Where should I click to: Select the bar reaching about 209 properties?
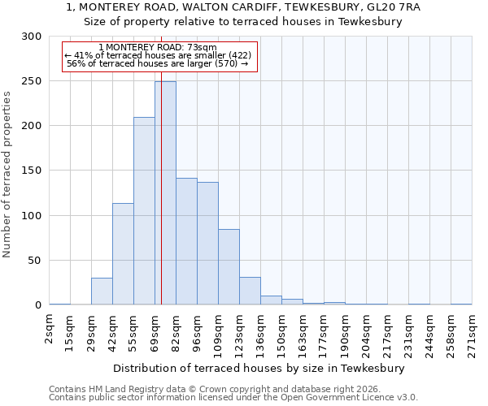144,211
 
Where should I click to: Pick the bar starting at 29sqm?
102,291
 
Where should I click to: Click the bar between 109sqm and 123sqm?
229,267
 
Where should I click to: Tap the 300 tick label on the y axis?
31,37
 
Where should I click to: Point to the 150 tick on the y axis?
31,171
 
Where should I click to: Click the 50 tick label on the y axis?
34,261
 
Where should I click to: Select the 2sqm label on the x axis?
50,329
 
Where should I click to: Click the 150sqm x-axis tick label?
281,333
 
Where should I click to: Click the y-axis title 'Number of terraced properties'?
7,174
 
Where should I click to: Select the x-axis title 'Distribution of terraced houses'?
260,368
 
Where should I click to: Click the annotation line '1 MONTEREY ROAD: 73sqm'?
158,48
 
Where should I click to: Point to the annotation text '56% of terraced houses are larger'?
158,63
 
